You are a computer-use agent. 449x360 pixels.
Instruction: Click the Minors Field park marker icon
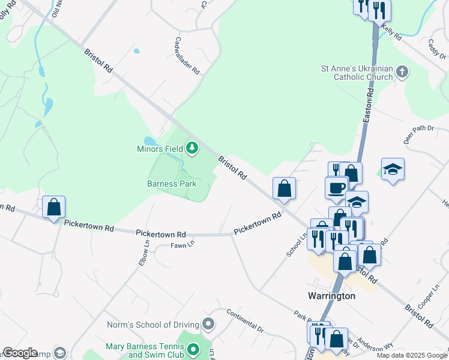click(x=192, y=147)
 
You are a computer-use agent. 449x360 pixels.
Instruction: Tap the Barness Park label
click(x=172, y=184)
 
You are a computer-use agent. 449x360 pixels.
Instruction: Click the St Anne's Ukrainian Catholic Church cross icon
click(x=402, y=73)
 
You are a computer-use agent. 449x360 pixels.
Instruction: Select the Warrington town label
click(x=331, y=296)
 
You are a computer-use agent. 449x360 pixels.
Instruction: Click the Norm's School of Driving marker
click(x=208, y=325)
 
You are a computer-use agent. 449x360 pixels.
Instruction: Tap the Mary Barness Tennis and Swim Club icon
click(x=193, y=348)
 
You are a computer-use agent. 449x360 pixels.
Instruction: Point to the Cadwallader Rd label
click(x=187, y=55)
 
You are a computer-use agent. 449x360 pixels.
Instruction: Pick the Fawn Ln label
click(x=183, y=245)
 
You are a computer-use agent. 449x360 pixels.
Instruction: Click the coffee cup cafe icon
click(x=336, y=187)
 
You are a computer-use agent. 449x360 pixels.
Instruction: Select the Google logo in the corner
click(x=19, y=353)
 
